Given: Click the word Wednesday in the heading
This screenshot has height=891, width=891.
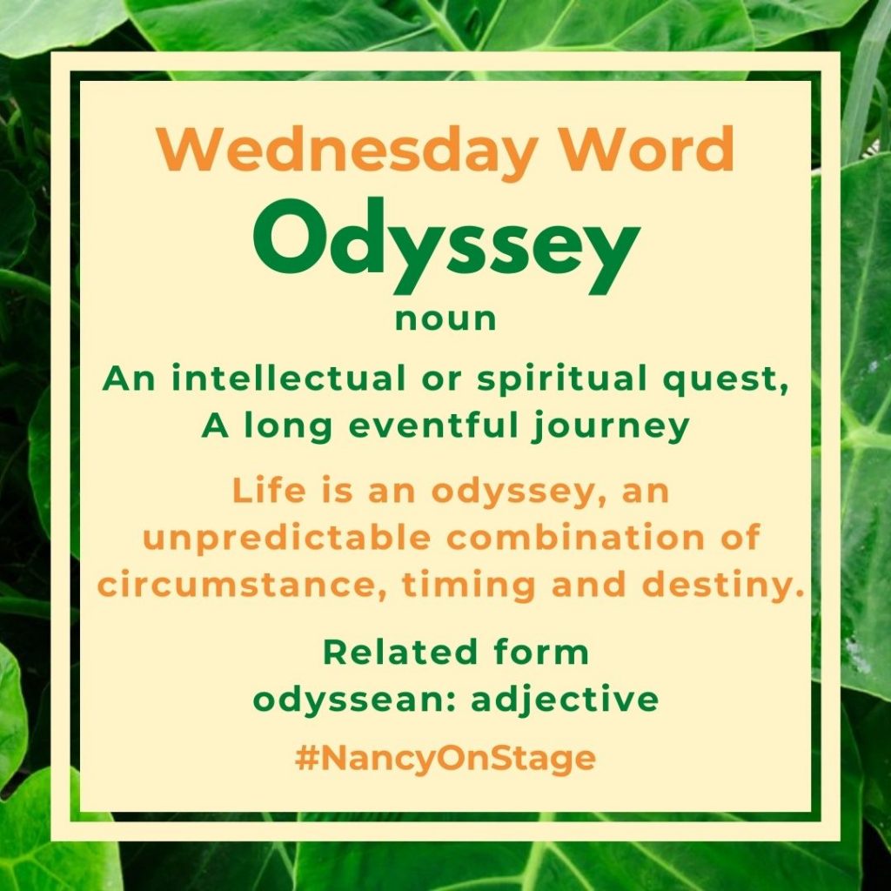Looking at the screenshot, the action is (347, 151).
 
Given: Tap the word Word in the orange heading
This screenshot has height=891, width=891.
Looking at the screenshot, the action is (646, 148).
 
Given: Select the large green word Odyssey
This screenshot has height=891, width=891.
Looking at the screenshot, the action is (446, 245).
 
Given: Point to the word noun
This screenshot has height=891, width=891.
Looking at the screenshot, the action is (446, 319).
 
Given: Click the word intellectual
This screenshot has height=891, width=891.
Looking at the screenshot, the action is (288, 378).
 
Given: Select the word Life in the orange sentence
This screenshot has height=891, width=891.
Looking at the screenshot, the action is (270, 490).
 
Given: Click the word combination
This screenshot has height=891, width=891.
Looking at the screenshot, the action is (576, 537).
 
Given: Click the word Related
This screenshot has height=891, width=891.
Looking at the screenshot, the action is (400, 652).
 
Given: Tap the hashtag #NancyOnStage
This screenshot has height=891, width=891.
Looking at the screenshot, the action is (445, 759).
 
